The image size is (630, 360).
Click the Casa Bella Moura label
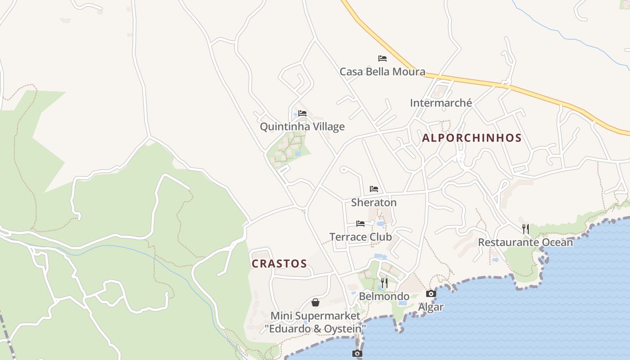382,72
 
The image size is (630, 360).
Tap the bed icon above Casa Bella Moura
382,58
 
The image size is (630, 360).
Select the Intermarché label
441,103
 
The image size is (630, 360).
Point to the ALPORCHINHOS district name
472,138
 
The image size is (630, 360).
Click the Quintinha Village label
302,126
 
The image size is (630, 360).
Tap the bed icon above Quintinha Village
302,113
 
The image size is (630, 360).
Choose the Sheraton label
374,202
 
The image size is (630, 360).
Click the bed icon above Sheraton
374,189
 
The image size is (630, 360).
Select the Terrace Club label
360,237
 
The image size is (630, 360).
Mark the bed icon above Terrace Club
360,223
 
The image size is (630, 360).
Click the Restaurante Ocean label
525,242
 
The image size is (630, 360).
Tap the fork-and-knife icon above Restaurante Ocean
525,229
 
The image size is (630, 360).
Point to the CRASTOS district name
279,264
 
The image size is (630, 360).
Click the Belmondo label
384,296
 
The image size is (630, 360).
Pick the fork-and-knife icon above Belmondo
384,283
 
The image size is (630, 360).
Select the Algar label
431,307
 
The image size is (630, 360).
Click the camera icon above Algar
431,294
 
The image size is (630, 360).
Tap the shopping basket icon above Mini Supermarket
315,302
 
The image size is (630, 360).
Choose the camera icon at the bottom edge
357,354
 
